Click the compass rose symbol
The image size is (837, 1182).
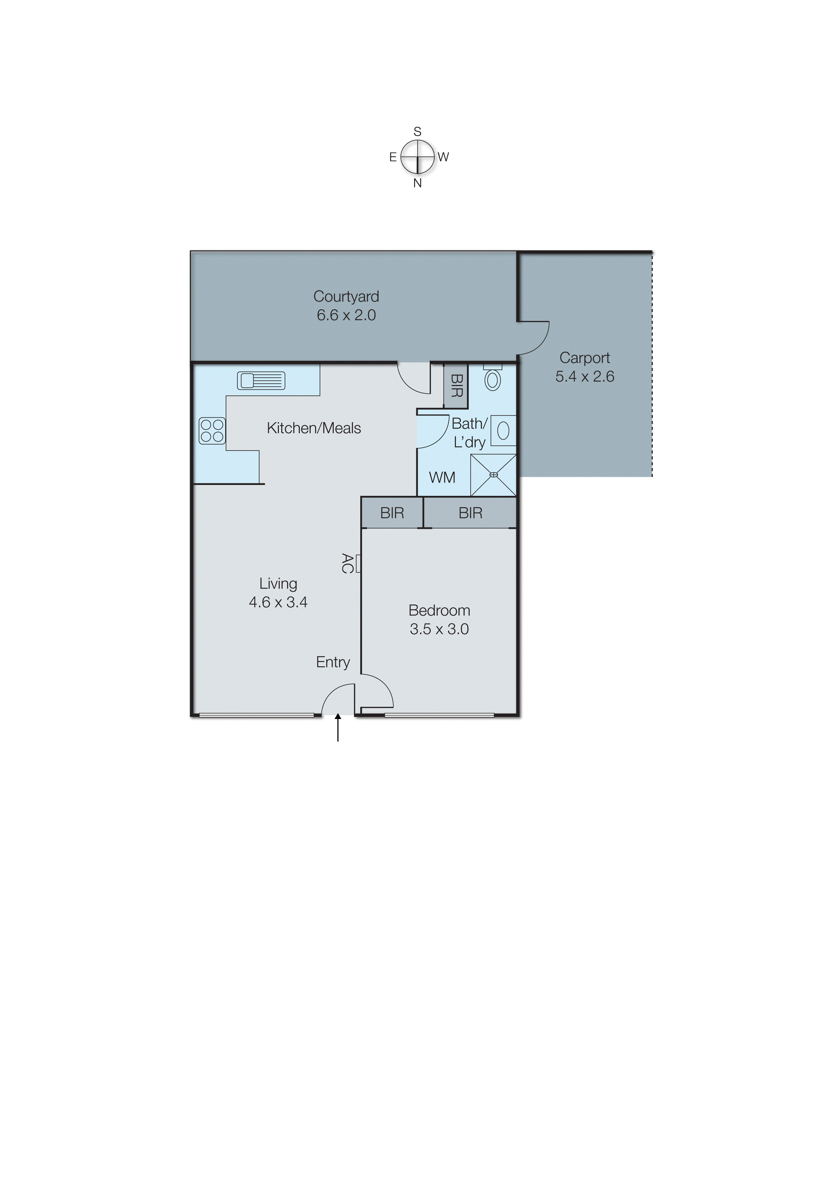(x=417, y=157)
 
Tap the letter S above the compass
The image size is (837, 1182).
(x=417, y=132)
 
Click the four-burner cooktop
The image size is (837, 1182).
(x=212, y=431)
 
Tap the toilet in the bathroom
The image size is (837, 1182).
(x=493, y=379)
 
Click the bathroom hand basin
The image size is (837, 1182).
(x=503, y=431)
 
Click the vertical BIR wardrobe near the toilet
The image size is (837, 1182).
(x=456, y=386)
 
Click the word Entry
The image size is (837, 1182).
(x=333, y=662)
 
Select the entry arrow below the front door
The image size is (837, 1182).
(x=338, y=727)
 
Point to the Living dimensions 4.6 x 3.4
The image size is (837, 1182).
(x=278, y=602)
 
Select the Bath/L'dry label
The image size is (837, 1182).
(x=469, y=433)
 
